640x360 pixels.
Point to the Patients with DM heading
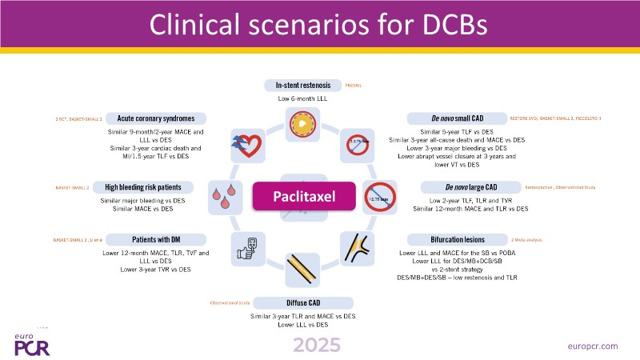[x=154, y=239]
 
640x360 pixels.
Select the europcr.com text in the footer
[x=591, y=345]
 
